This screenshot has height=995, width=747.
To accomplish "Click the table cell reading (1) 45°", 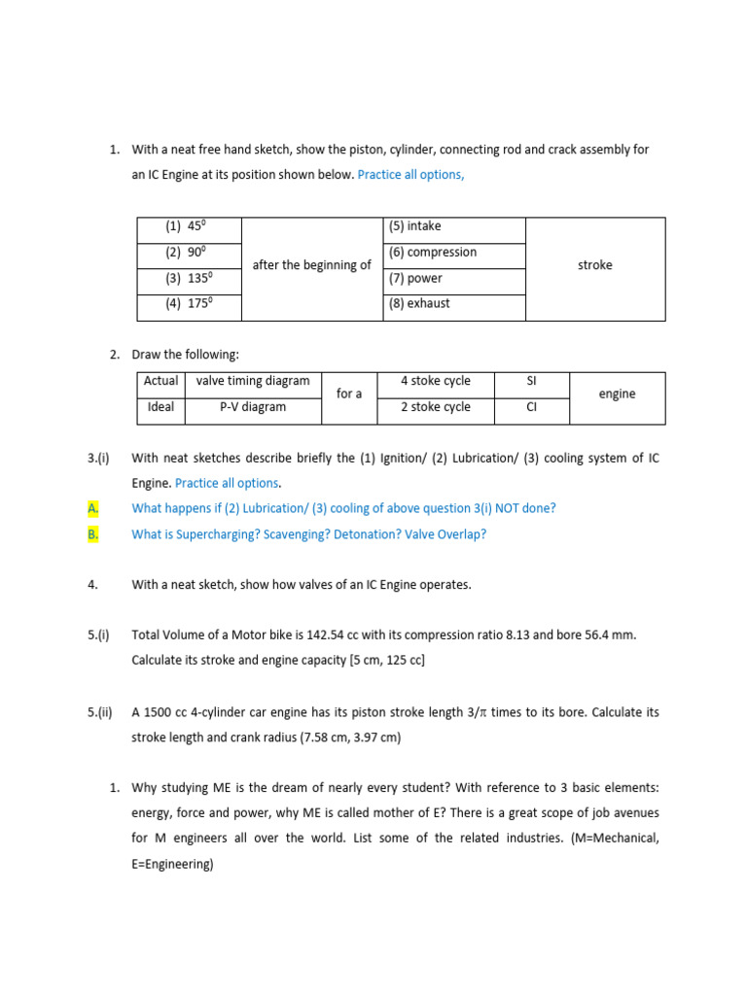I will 189,227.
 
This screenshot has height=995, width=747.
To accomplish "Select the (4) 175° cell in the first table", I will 189,303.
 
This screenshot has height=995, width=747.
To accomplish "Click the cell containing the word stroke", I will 594,265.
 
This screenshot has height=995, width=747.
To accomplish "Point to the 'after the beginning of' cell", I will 311,265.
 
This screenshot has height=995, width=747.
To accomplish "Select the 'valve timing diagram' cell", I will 253,382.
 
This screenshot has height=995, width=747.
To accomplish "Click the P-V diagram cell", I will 253,407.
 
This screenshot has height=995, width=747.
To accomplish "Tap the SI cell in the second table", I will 531,382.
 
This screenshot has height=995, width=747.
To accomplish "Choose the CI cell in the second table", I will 531,407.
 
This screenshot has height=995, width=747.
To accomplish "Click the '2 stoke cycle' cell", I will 436,407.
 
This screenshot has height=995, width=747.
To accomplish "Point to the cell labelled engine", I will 617,395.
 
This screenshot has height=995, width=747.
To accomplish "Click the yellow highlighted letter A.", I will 93,508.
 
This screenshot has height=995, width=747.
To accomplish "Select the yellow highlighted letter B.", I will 93,533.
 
